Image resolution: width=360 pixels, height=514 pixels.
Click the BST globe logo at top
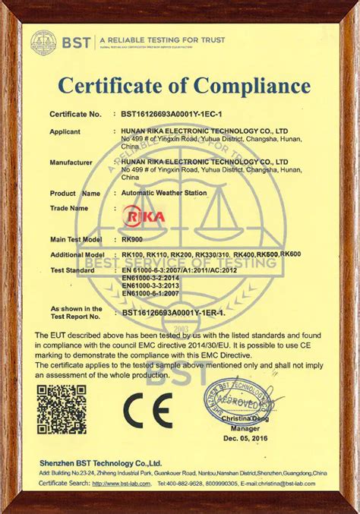(43, 43)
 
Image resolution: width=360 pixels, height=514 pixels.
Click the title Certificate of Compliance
(180, 84)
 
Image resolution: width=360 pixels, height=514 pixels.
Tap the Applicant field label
(66, 131)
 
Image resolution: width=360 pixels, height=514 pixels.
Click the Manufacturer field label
(71, 162)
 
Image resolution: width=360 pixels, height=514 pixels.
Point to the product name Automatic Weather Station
(164, 193)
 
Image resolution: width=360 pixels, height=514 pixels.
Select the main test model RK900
(132, 240)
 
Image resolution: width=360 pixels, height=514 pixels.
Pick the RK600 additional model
(291, 253)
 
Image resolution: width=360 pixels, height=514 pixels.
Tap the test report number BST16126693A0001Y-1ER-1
(174, 312)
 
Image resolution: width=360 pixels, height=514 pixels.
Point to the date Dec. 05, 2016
(242, 438)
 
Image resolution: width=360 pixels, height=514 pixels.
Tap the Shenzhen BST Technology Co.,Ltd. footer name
(100, 462)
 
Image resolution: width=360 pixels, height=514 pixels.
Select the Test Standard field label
(72, 270)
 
